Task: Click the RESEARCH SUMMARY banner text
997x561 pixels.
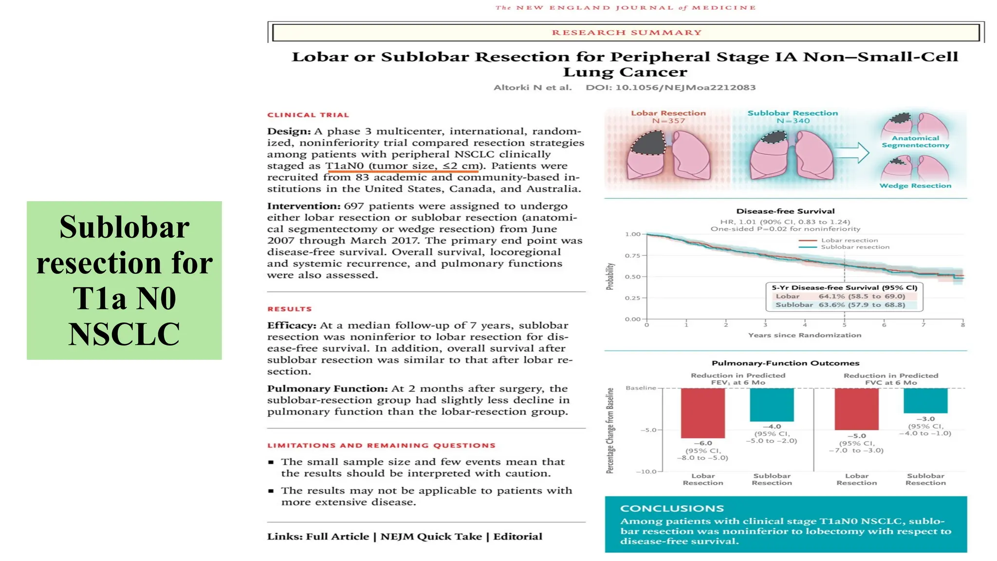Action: pyautogui.click(x=627, y=33)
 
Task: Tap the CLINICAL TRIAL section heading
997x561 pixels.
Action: pyautogui.click(x=308, y=115)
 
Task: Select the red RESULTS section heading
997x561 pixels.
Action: pyautogui.click(x=290, y=309)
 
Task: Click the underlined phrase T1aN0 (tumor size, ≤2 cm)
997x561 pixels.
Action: pyautogui.click(x=403, y=166)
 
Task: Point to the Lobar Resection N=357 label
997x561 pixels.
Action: pyautogui.click(x=668, y=117)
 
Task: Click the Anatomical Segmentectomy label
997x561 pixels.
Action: pyautogui.click(x=915, y=142)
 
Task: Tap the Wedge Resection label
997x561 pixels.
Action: pyautogui.click(x=915, y=186)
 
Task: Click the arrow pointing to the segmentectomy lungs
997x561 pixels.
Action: pyautogui.click(x=853, y=153)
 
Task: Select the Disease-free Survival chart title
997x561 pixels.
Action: pyautogui.click(x=785, y=211)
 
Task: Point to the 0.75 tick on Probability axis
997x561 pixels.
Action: pyautogui.click(x=632, y=256)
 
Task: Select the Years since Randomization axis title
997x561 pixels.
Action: pyautogui.click(x=804, y=335)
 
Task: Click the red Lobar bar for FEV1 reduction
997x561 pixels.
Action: pyautogui.click(x=702, y=413)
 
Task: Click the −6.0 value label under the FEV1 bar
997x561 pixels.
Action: pyautogui.click(x=702, y=443)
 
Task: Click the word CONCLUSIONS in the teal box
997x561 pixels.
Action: pyautogui.click(x=672, y=508)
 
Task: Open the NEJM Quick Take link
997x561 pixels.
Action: pyautogui.click(x=431, y=537)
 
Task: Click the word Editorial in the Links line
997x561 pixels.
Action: pyautogui.click(x=517, y=537)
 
